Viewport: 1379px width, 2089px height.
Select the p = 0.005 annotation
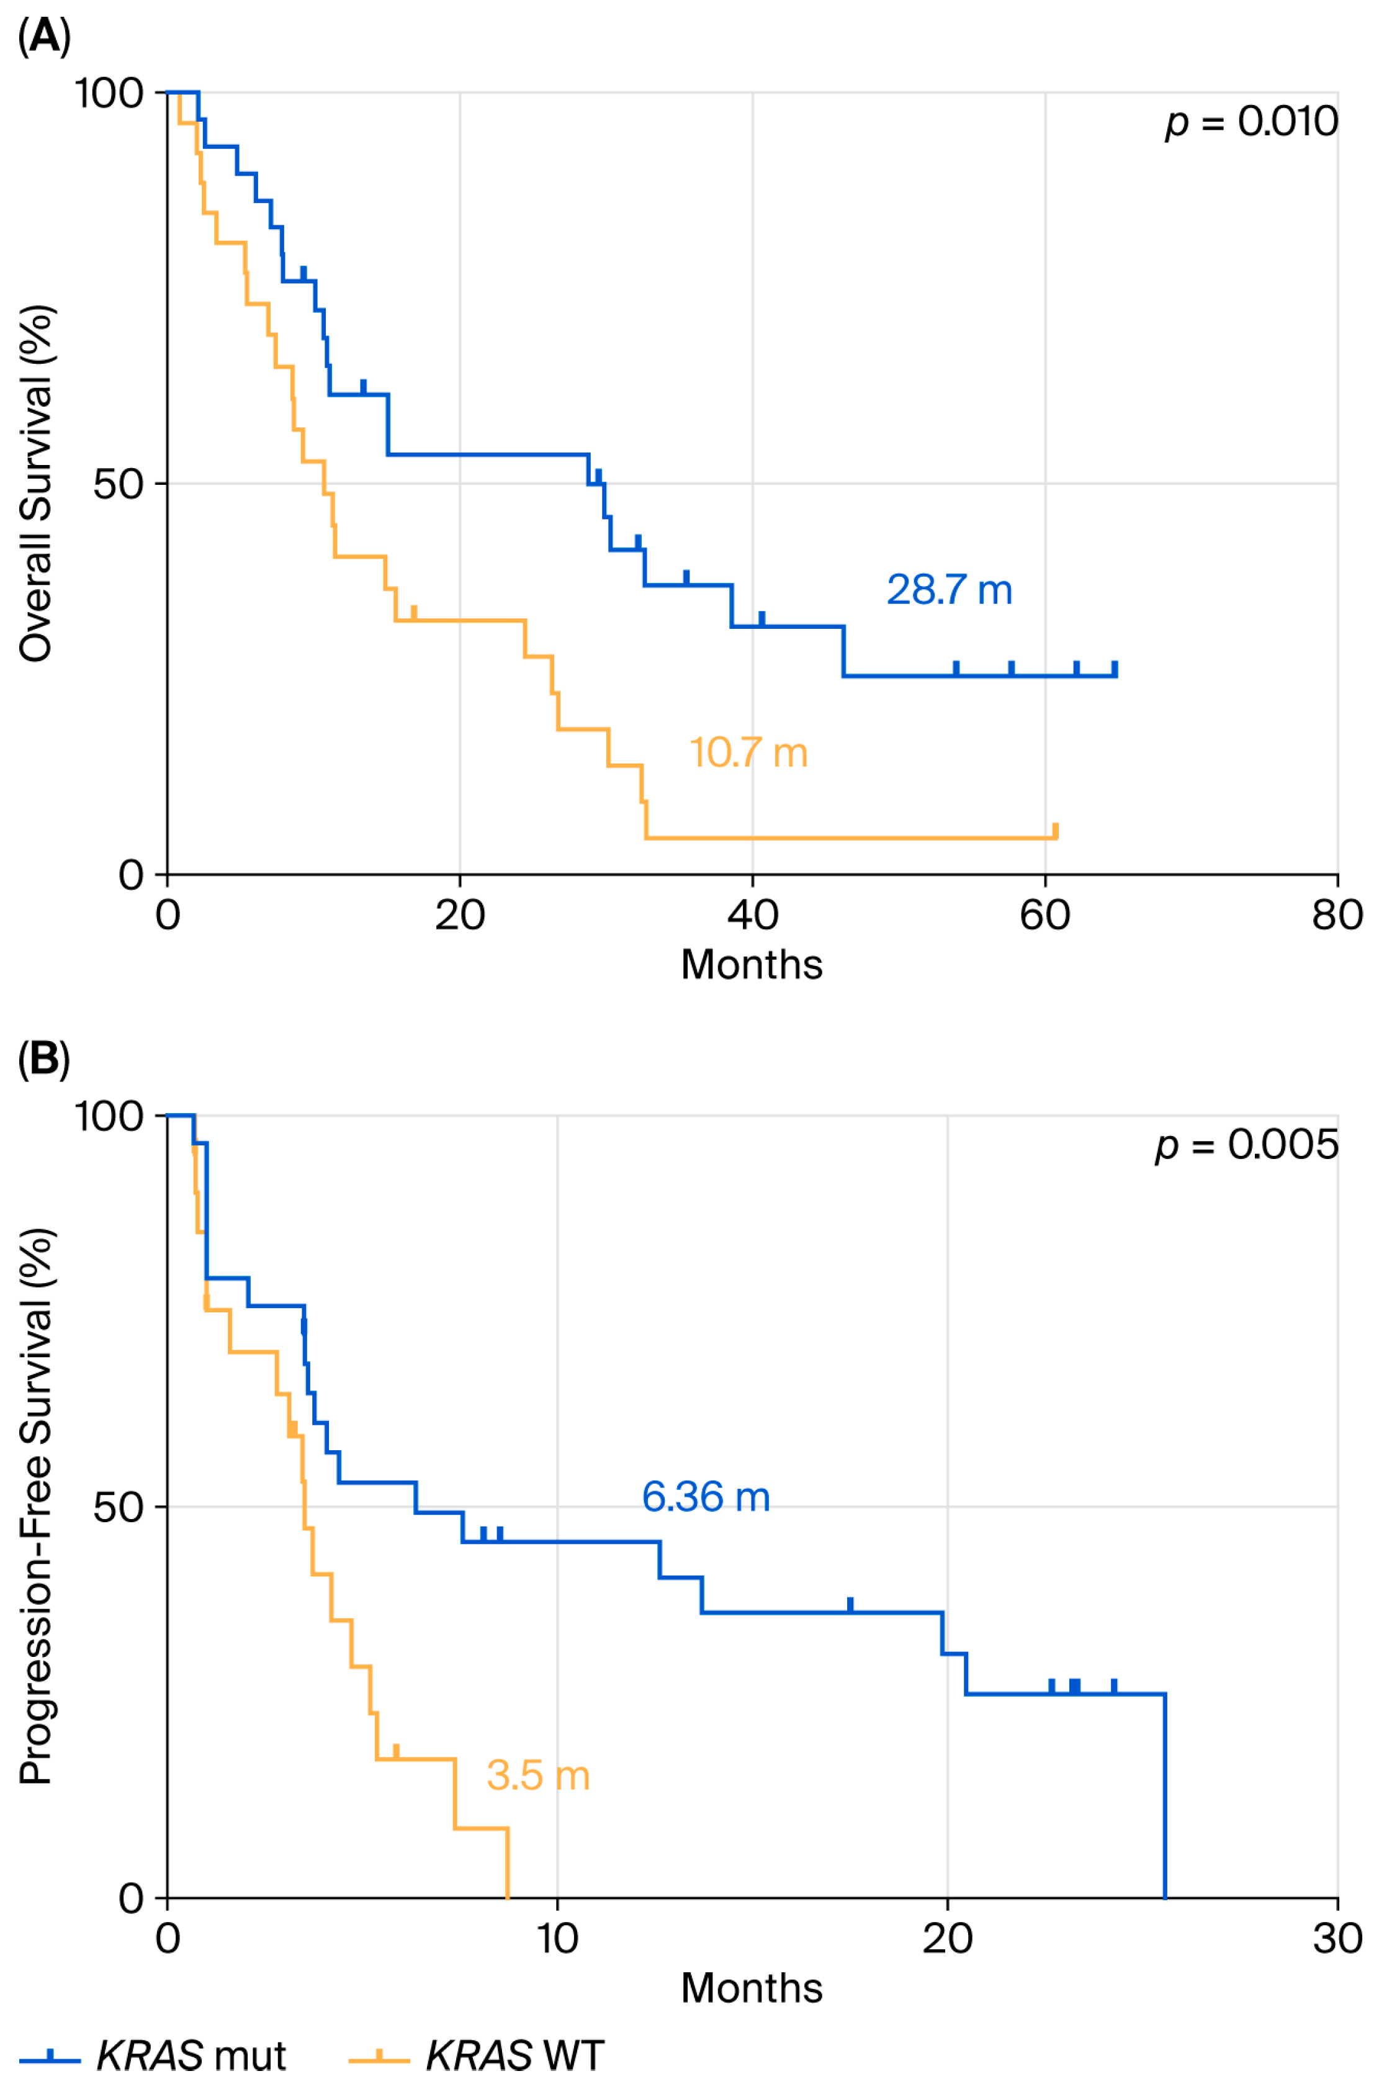pyautogui.click(x=1246, y=1144)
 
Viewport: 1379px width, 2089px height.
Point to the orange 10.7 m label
pyautogui.click(x=748, y=753)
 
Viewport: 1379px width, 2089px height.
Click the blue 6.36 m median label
pyautogui.click(x=706, y=1496)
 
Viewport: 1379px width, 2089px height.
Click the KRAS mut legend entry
pyautogui.click(x=154, y=2055)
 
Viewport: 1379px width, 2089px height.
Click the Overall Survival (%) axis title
pyautogui.click(x=37, y=483)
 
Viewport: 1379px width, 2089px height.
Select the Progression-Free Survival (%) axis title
pyautogui.click(x=37, y=1505)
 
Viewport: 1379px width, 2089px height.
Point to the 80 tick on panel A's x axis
pyautogui.click(x=1337, y=915)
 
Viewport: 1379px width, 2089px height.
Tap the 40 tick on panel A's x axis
pyautogui.click(x=753, y=915)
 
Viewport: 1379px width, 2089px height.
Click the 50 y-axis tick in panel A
pyautogui.click(x=119, y=484)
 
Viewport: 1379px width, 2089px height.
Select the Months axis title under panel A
pyautogui.click(x=752, y=965)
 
